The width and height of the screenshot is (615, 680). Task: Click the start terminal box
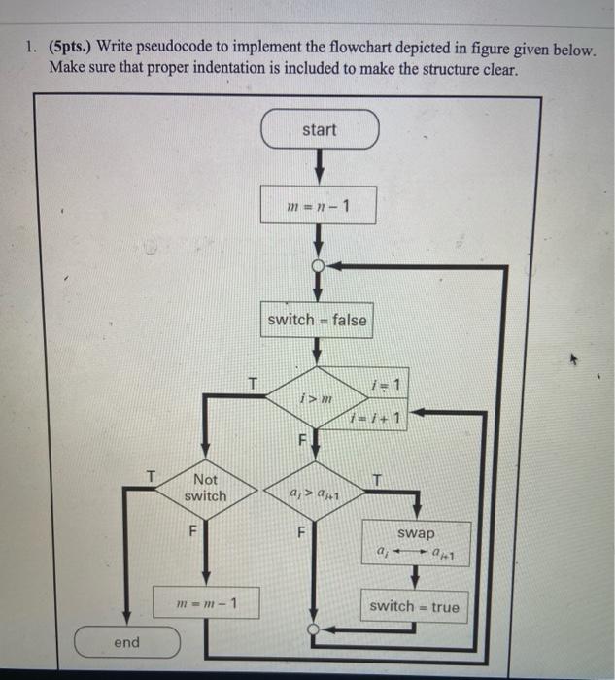[319, 130]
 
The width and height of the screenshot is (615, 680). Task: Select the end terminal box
[126, 642]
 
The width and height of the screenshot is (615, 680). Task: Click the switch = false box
[318, 320]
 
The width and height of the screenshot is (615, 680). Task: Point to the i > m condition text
[308, 399]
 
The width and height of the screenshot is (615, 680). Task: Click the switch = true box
[415, 606]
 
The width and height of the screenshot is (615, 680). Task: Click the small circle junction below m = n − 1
[318, 264]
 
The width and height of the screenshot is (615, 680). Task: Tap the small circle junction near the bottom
[313, 629]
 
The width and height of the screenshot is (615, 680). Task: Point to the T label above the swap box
[378, 477]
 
